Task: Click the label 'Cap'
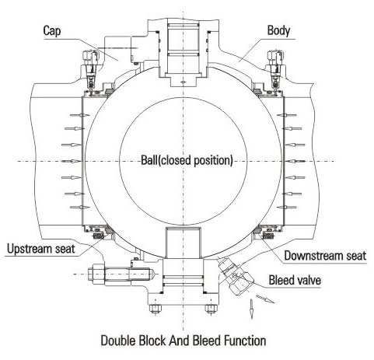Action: coord(52,30)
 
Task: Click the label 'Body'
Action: coord(278,30)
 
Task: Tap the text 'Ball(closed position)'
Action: coord(187,160)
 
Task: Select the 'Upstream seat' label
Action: coord(41,249)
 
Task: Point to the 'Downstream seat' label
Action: coord(325,256)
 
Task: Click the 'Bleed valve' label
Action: coord(295,280)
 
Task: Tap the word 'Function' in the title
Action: coord(245,341)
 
